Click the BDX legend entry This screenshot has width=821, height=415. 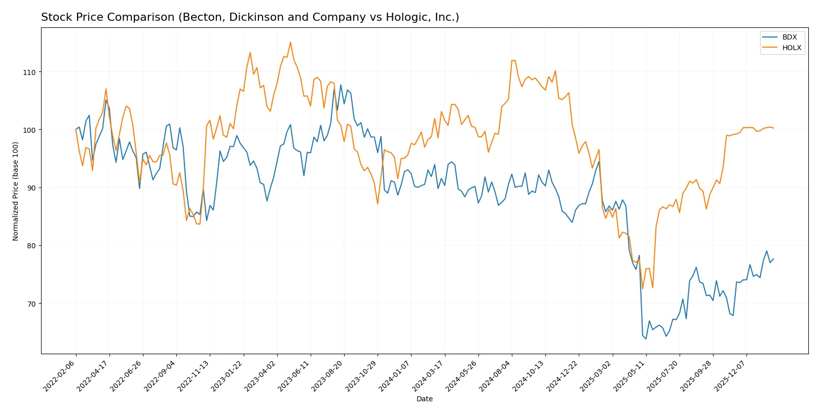pyautogui.click(x=789, y=37)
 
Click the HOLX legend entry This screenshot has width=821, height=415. pyautogui.click(x=791, y=48)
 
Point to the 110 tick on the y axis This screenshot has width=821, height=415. pyautogui.click(x=29, y=72)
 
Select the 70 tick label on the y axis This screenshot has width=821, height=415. pyautogui.click(x=31, y=304)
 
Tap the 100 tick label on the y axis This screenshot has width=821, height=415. pyautogui.click(x=29, y=130)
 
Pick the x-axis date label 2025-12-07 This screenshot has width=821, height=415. pyautogui.click(x=730, y=376)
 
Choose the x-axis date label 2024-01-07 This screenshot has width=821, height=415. pyautogui.click(x=395, y=376)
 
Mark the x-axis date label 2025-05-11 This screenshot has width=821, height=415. pyautogui.click(x=629, y=376)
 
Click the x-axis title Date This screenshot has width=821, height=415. pyautogui.click(x=424, y=399)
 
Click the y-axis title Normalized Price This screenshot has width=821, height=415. pyautogui.click(x=16, y=191)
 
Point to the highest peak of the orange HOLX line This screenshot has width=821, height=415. pyautogui.click(x=290, y=42)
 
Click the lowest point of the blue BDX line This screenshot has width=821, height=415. pyautogui.click(x=646, y=338)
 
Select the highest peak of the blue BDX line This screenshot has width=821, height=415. pyautogui.click(x=341, y=85)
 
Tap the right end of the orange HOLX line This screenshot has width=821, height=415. pyautogui.click(x=773, y=128)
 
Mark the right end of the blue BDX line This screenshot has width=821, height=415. pyautogui.click(x=773, y=259)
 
